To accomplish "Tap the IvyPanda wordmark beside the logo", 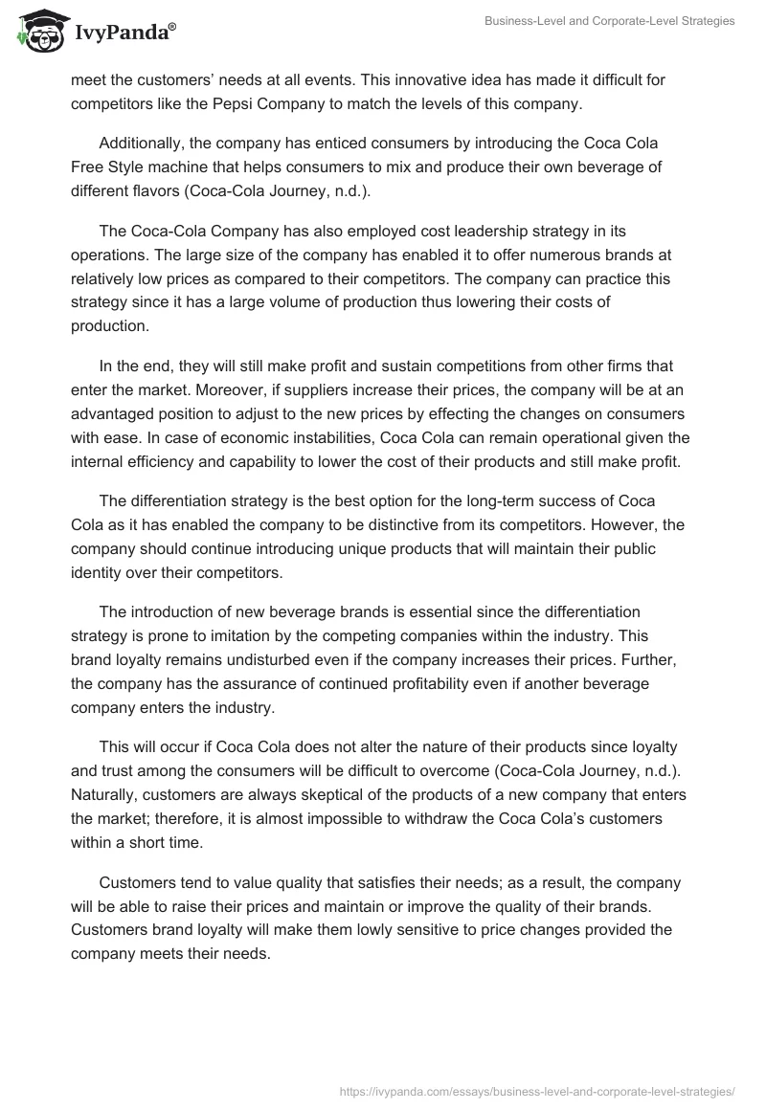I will [124, 32].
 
